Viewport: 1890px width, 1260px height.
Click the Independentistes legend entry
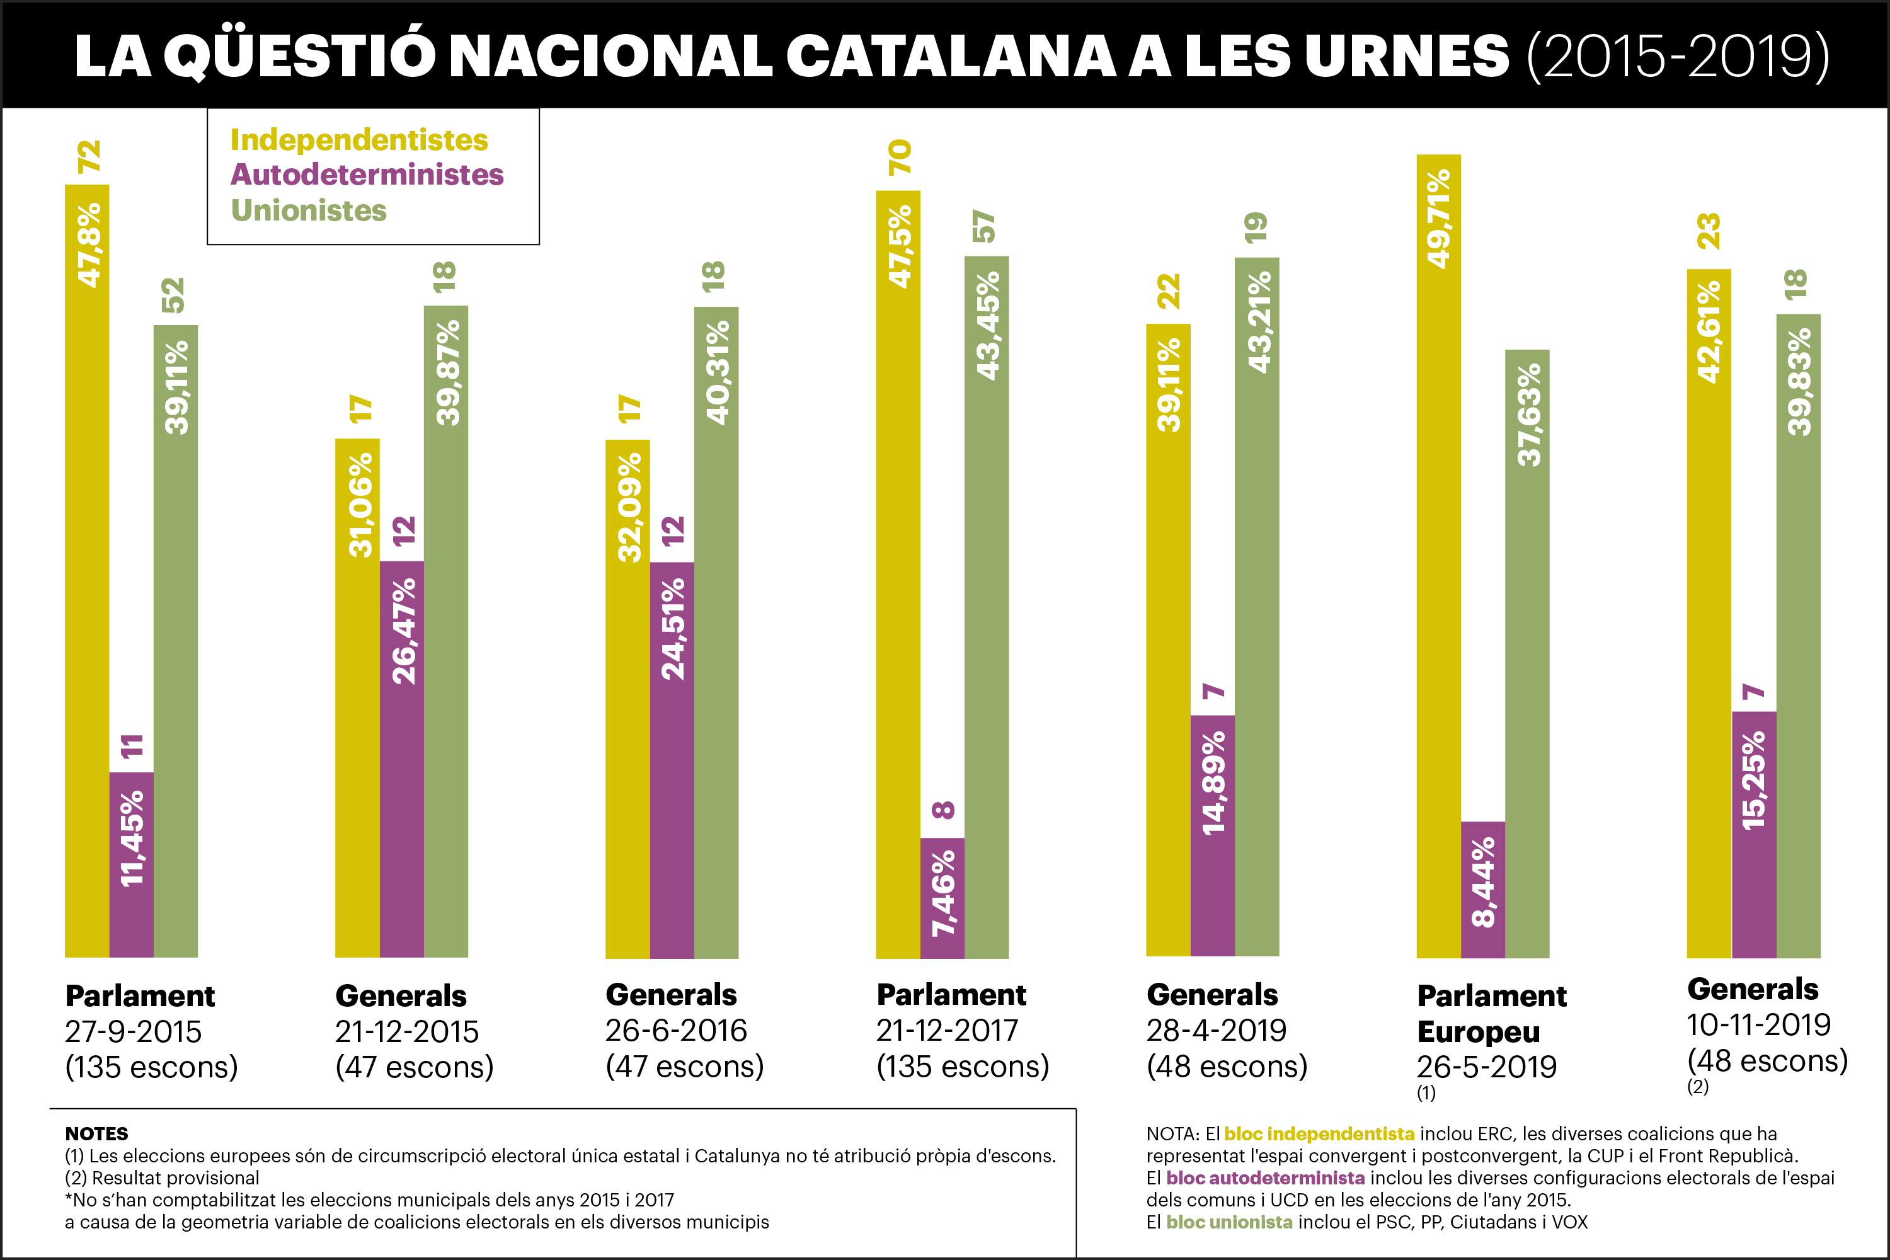(x=358, y=140)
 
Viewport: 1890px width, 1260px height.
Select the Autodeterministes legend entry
(x=367, y=175)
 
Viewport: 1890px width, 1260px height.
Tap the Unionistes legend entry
(x=309, y=210)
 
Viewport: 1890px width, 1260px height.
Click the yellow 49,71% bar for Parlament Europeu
(x=1438, y=554)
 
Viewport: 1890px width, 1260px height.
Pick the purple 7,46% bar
(x=942, y=898)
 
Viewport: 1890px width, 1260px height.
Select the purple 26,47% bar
(x=402, y=759)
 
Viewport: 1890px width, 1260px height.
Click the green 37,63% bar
(x=1526, y=653)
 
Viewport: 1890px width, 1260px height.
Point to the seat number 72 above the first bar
(x=88, y=157)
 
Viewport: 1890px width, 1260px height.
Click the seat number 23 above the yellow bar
(x=1709, y=231)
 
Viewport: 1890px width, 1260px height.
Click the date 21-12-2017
(x=947, y=1030)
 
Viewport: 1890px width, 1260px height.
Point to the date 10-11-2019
(x=1758, y=1024)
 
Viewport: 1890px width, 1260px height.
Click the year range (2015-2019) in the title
(x=1678, y=56)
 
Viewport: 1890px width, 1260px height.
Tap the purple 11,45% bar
(x=131, y=864)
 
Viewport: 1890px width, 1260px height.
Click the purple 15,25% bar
(x=1753, y=834)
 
